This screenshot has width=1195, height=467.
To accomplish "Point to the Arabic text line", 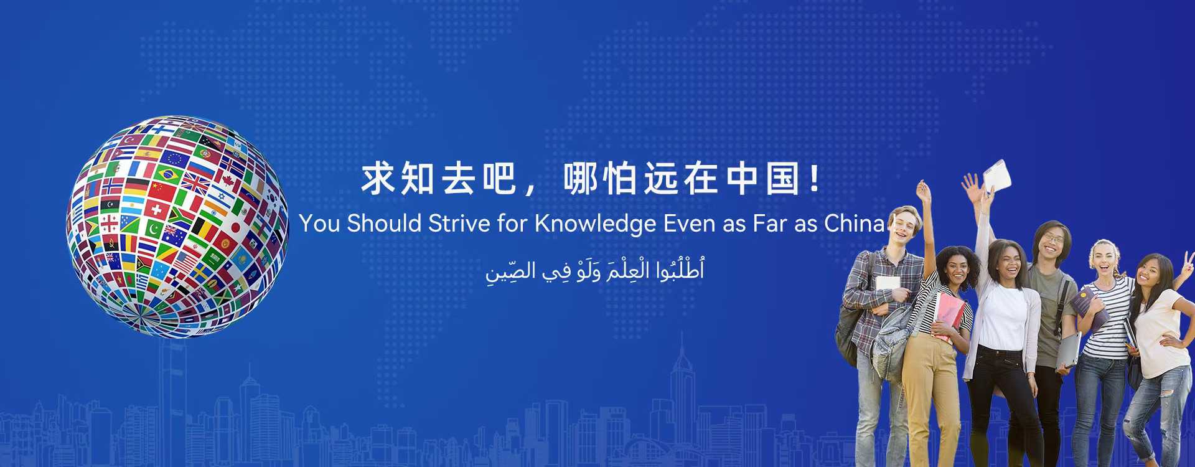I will click(595, 271).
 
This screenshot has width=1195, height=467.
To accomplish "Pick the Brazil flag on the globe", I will click(169, 174).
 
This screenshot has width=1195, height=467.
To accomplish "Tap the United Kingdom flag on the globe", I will click(197, 184).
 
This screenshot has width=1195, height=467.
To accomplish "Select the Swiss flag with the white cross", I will click(156, 209).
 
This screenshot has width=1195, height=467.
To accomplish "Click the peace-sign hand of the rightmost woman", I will click(1188, 262).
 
